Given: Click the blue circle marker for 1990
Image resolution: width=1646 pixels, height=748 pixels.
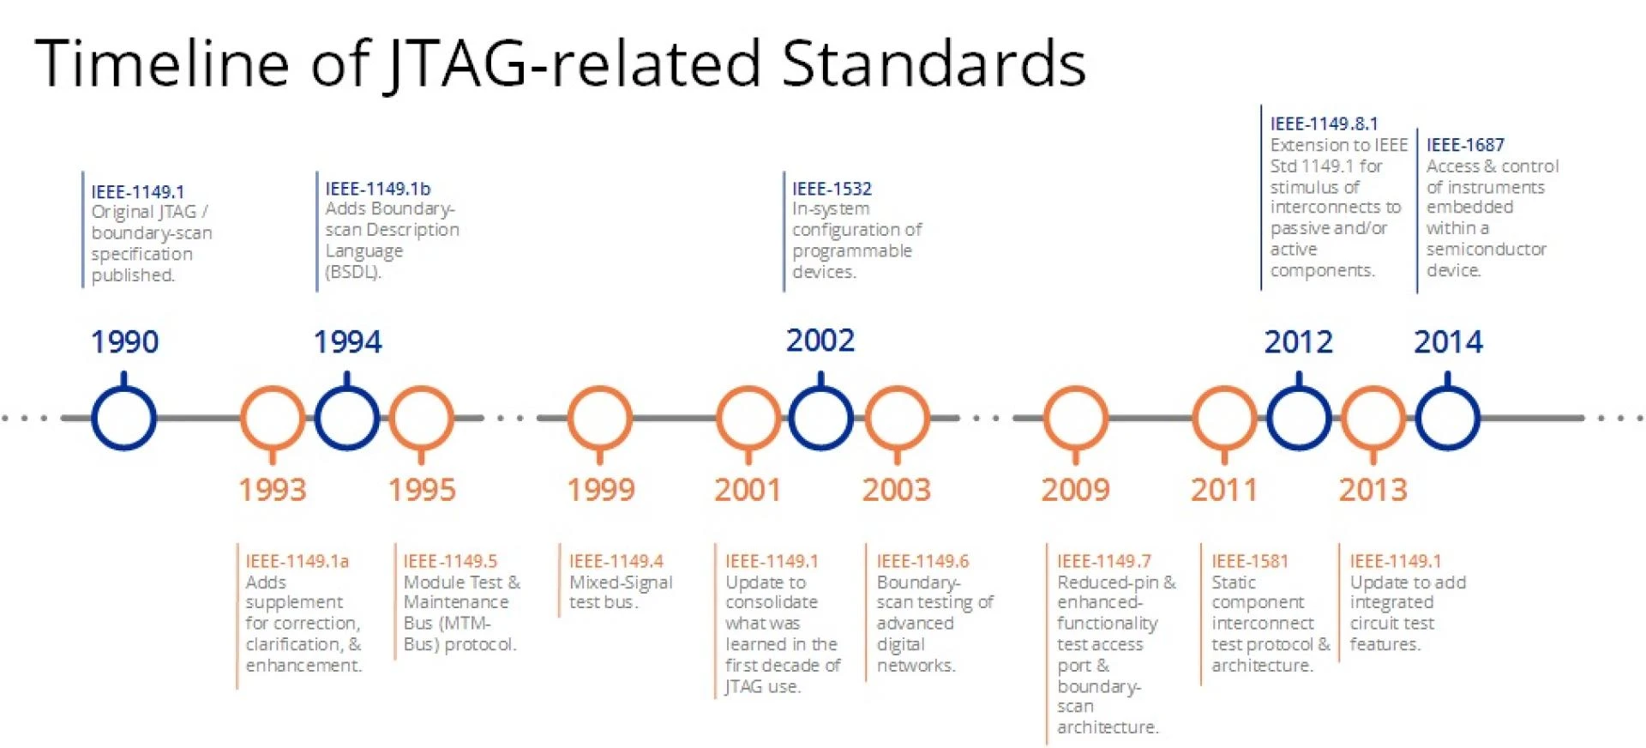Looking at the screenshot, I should (x=123, y=418).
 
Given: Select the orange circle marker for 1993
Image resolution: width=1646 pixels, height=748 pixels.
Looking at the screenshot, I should (x=272, y=418).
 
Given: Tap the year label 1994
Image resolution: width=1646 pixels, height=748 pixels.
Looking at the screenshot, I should (x=347, y=341).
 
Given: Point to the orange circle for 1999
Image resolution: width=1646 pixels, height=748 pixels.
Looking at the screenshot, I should (x=600, y=418).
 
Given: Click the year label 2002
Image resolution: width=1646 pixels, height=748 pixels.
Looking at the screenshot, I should (x=820, y=341).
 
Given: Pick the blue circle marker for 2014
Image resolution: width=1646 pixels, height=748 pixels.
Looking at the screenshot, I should (x=1447, y=418).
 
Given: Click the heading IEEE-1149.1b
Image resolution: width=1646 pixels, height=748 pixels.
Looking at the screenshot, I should (x=377, y=189).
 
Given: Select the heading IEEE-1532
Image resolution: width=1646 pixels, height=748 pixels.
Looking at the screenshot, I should (x=832, y=189).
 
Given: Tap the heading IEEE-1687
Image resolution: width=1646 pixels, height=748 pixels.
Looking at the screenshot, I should (x=1465, y=145).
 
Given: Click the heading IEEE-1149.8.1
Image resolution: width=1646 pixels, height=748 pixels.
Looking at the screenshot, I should (x=1324, y=124).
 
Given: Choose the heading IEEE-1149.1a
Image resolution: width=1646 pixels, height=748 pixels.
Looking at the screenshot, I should (x=297, y=561).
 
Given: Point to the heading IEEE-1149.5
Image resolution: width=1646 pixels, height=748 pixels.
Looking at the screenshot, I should (x=450, y=561).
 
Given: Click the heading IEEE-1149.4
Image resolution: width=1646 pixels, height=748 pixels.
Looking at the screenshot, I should (x=616, y=561).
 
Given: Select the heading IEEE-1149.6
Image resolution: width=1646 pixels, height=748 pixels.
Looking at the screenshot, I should (x=922, y=561).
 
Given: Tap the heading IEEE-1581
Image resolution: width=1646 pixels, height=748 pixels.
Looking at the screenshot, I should (x=1250, y=561).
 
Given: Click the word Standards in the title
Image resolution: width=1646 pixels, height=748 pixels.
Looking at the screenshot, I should (x=934, y=63).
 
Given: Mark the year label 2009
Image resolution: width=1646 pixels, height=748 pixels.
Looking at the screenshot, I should (x=1075, y=490).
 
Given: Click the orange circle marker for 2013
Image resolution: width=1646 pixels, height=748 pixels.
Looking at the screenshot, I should (x=1373, y=418).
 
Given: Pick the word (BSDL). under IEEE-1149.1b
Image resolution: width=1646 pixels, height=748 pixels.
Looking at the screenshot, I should (x=353, y=272).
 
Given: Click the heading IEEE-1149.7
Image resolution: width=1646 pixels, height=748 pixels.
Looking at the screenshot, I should (x=1104, y=561).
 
